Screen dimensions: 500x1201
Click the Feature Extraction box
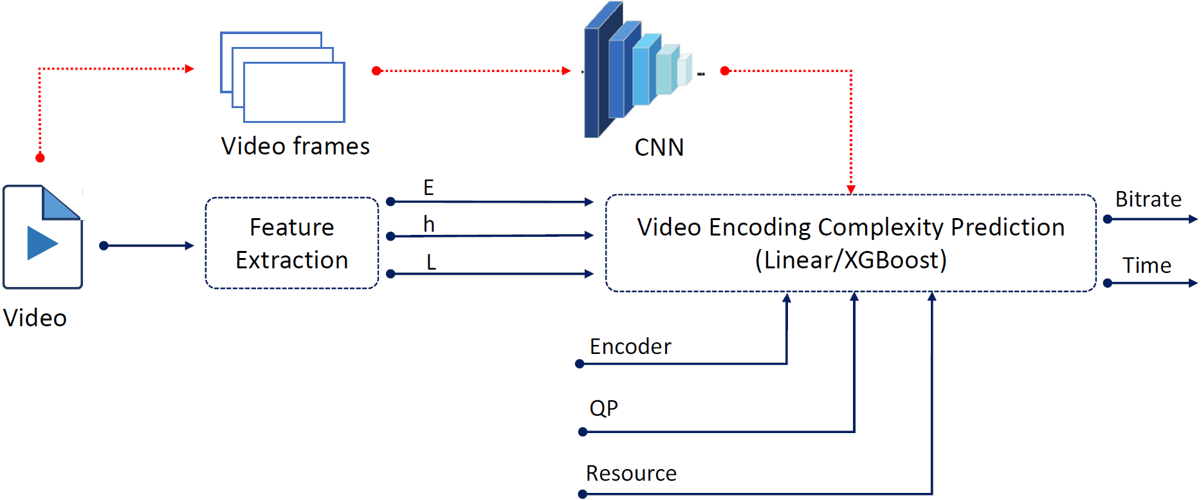pos(291,243)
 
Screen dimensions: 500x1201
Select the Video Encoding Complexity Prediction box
pos(850,243)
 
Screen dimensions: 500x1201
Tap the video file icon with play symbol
pos(43,237)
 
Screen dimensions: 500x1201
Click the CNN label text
pos(659,147)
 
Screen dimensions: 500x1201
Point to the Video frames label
pos(295,146)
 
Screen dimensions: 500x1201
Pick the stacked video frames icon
pos(283,77)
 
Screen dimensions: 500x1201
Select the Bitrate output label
pos(1148,199)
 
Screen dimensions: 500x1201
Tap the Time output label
pos(1146,265)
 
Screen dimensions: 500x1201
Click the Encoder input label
pos(630,347)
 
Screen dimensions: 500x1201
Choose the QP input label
pos(603,408)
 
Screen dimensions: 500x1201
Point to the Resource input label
pos(631,474)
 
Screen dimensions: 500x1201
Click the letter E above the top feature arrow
pos(428,187)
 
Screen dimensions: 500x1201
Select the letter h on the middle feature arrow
pos(429,224)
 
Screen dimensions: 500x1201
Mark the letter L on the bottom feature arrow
pos(431,262)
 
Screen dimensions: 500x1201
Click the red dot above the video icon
pos(40,158)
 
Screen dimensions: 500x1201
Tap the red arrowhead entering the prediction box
pos(851,189)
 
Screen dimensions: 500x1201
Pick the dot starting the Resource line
pos(583,494)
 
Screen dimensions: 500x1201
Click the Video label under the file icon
pos(35,318)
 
